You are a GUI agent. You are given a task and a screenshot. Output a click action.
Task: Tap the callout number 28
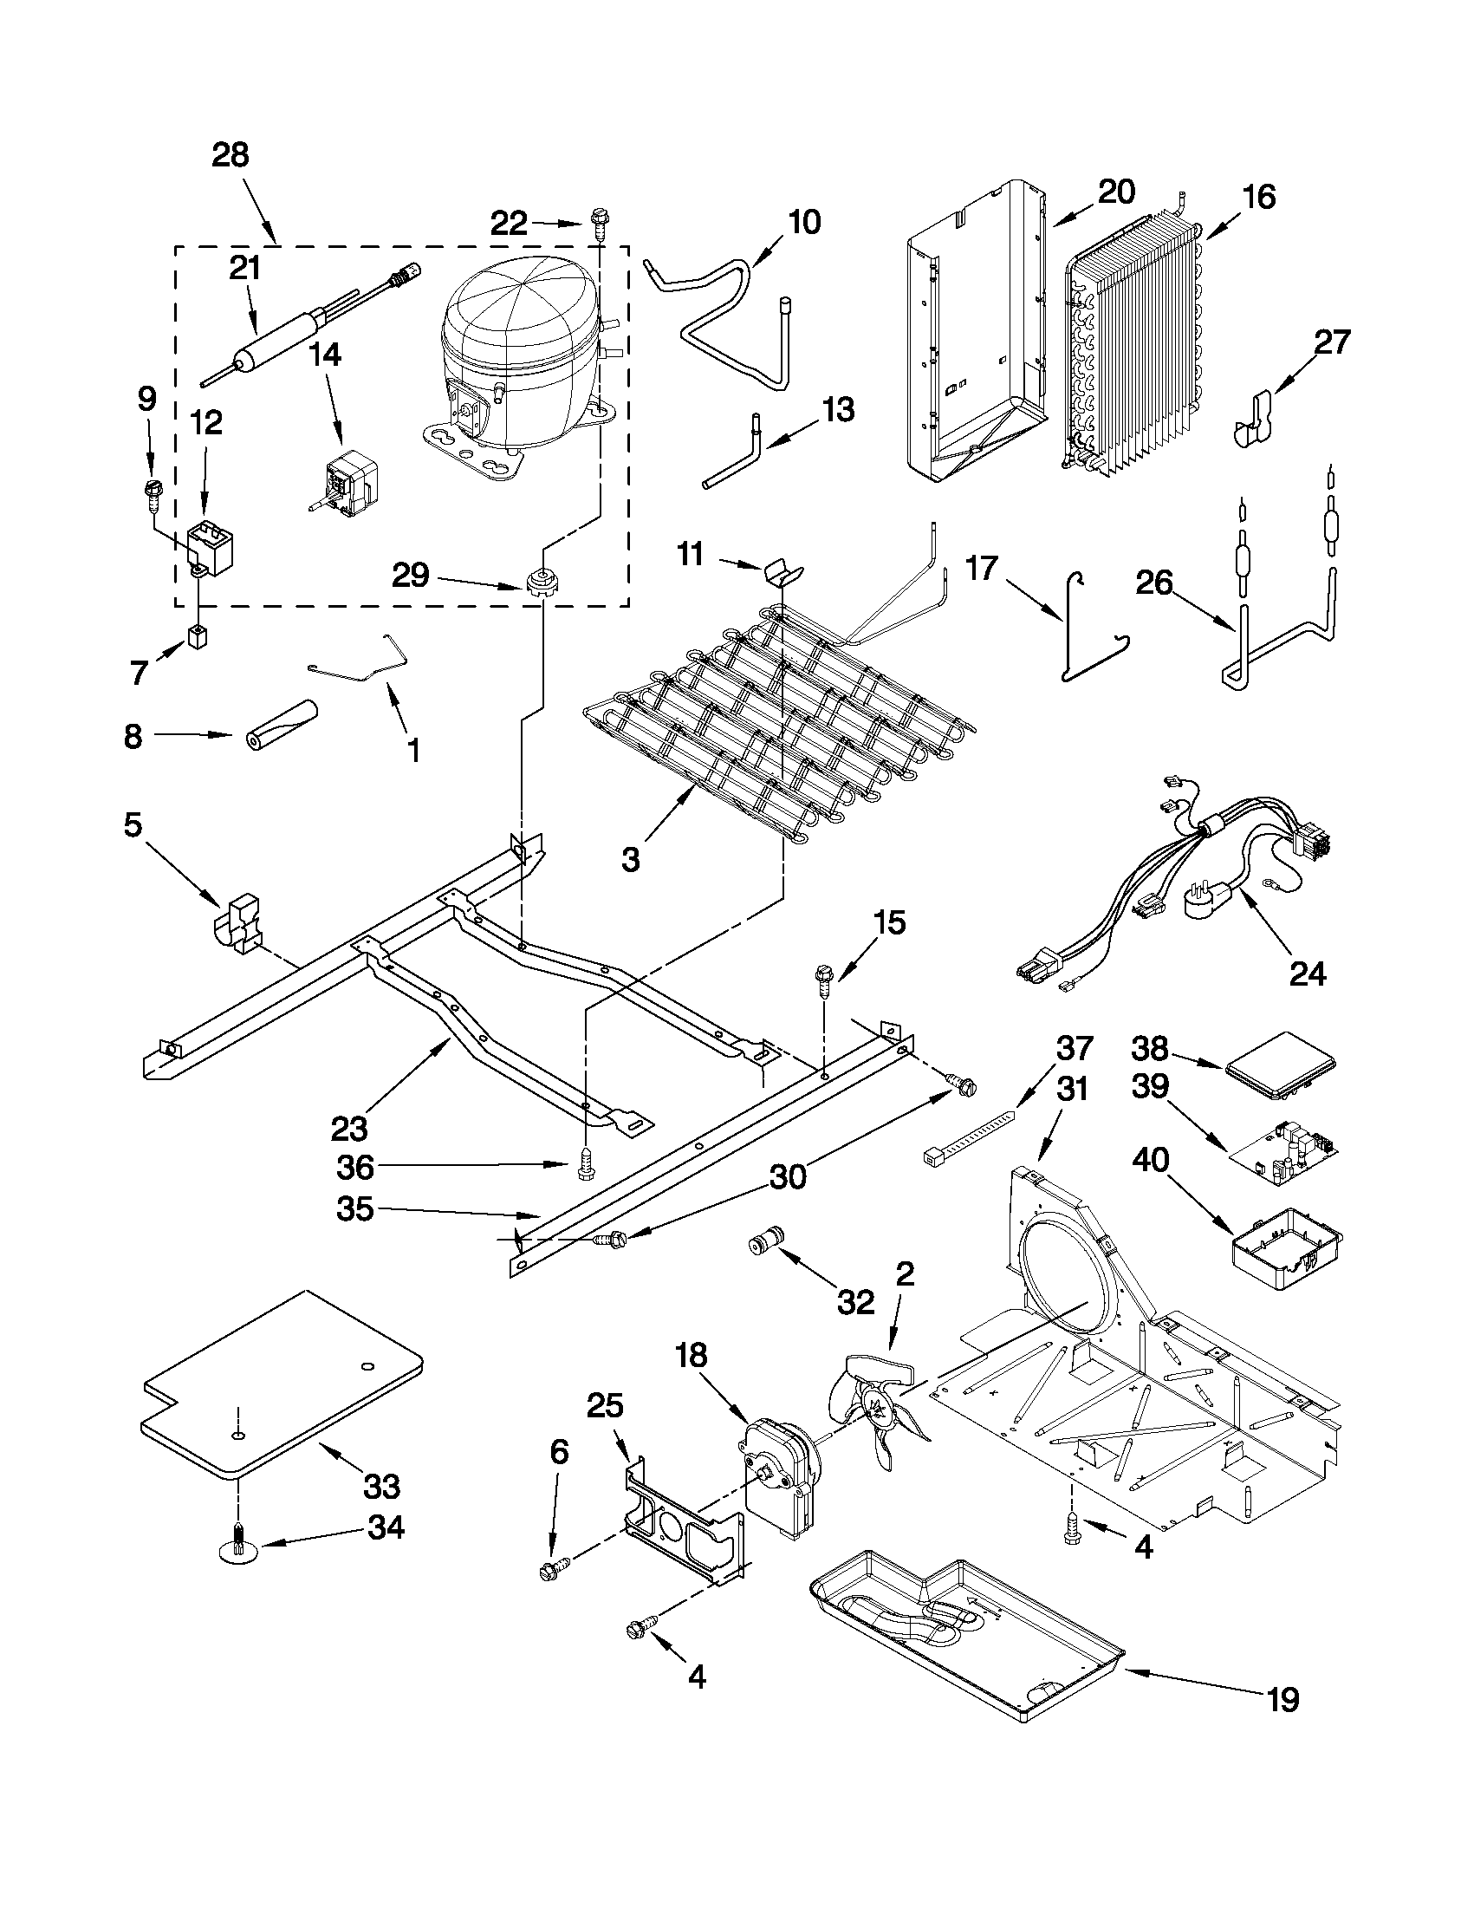click(231, 155)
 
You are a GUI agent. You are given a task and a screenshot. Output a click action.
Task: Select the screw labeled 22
click(600, 222)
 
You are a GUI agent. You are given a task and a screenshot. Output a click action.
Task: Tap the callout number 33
click(381, 1485)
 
